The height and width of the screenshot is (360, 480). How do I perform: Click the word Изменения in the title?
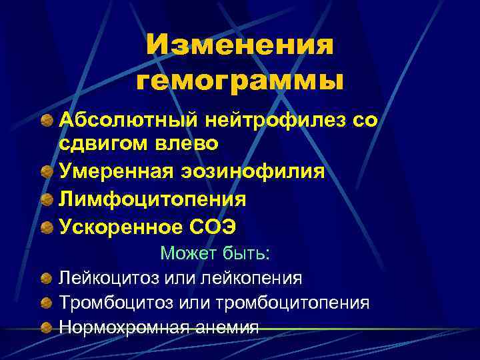(239, 46)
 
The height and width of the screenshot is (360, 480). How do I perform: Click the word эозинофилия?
(253, 171)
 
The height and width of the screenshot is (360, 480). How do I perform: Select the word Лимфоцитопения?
(153, 199)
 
